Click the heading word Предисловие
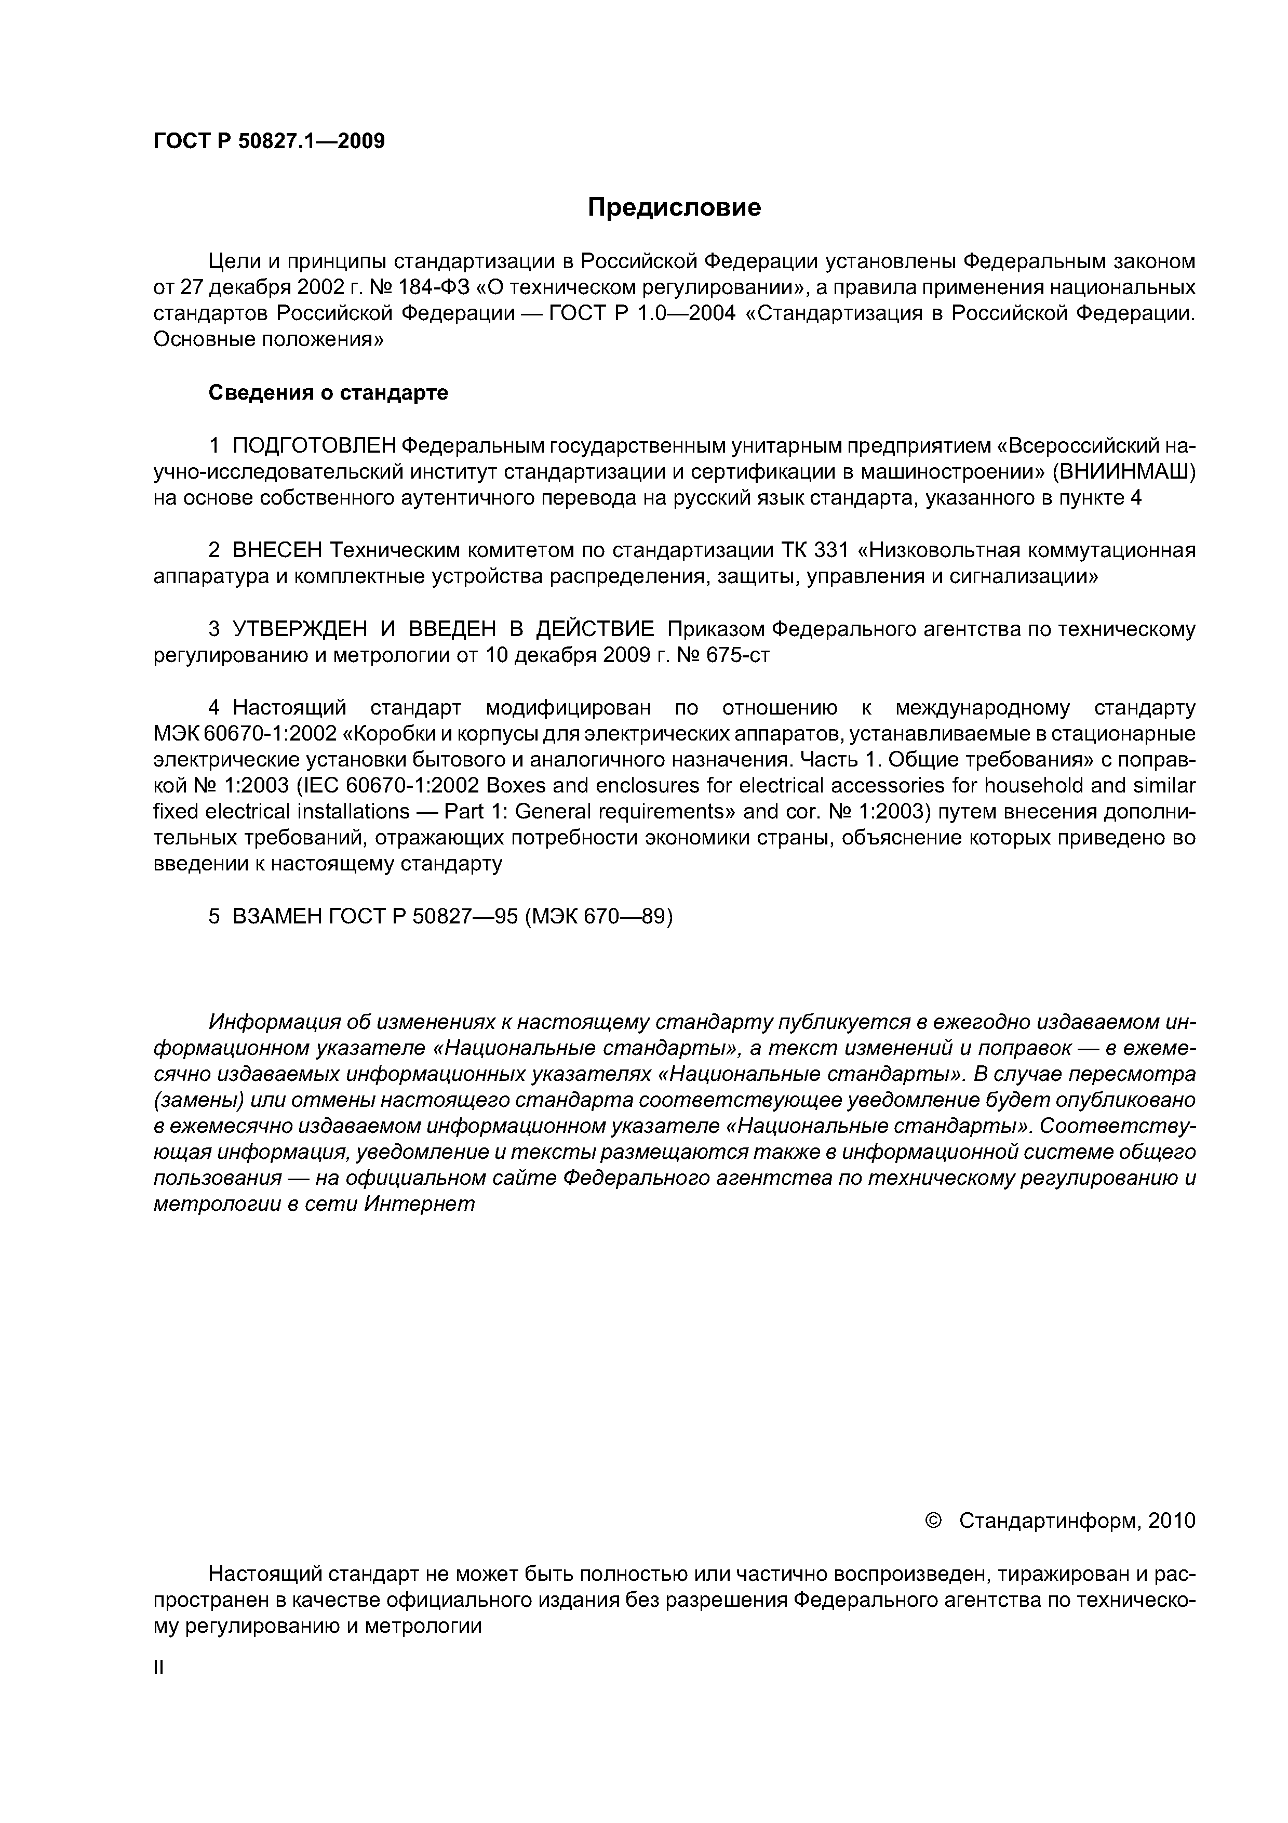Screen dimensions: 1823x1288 674,208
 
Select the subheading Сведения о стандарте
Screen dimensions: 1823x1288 328,393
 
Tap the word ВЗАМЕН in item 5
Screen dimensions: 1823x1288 277,916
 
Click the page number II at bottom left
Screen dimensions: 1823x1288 158,1668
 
